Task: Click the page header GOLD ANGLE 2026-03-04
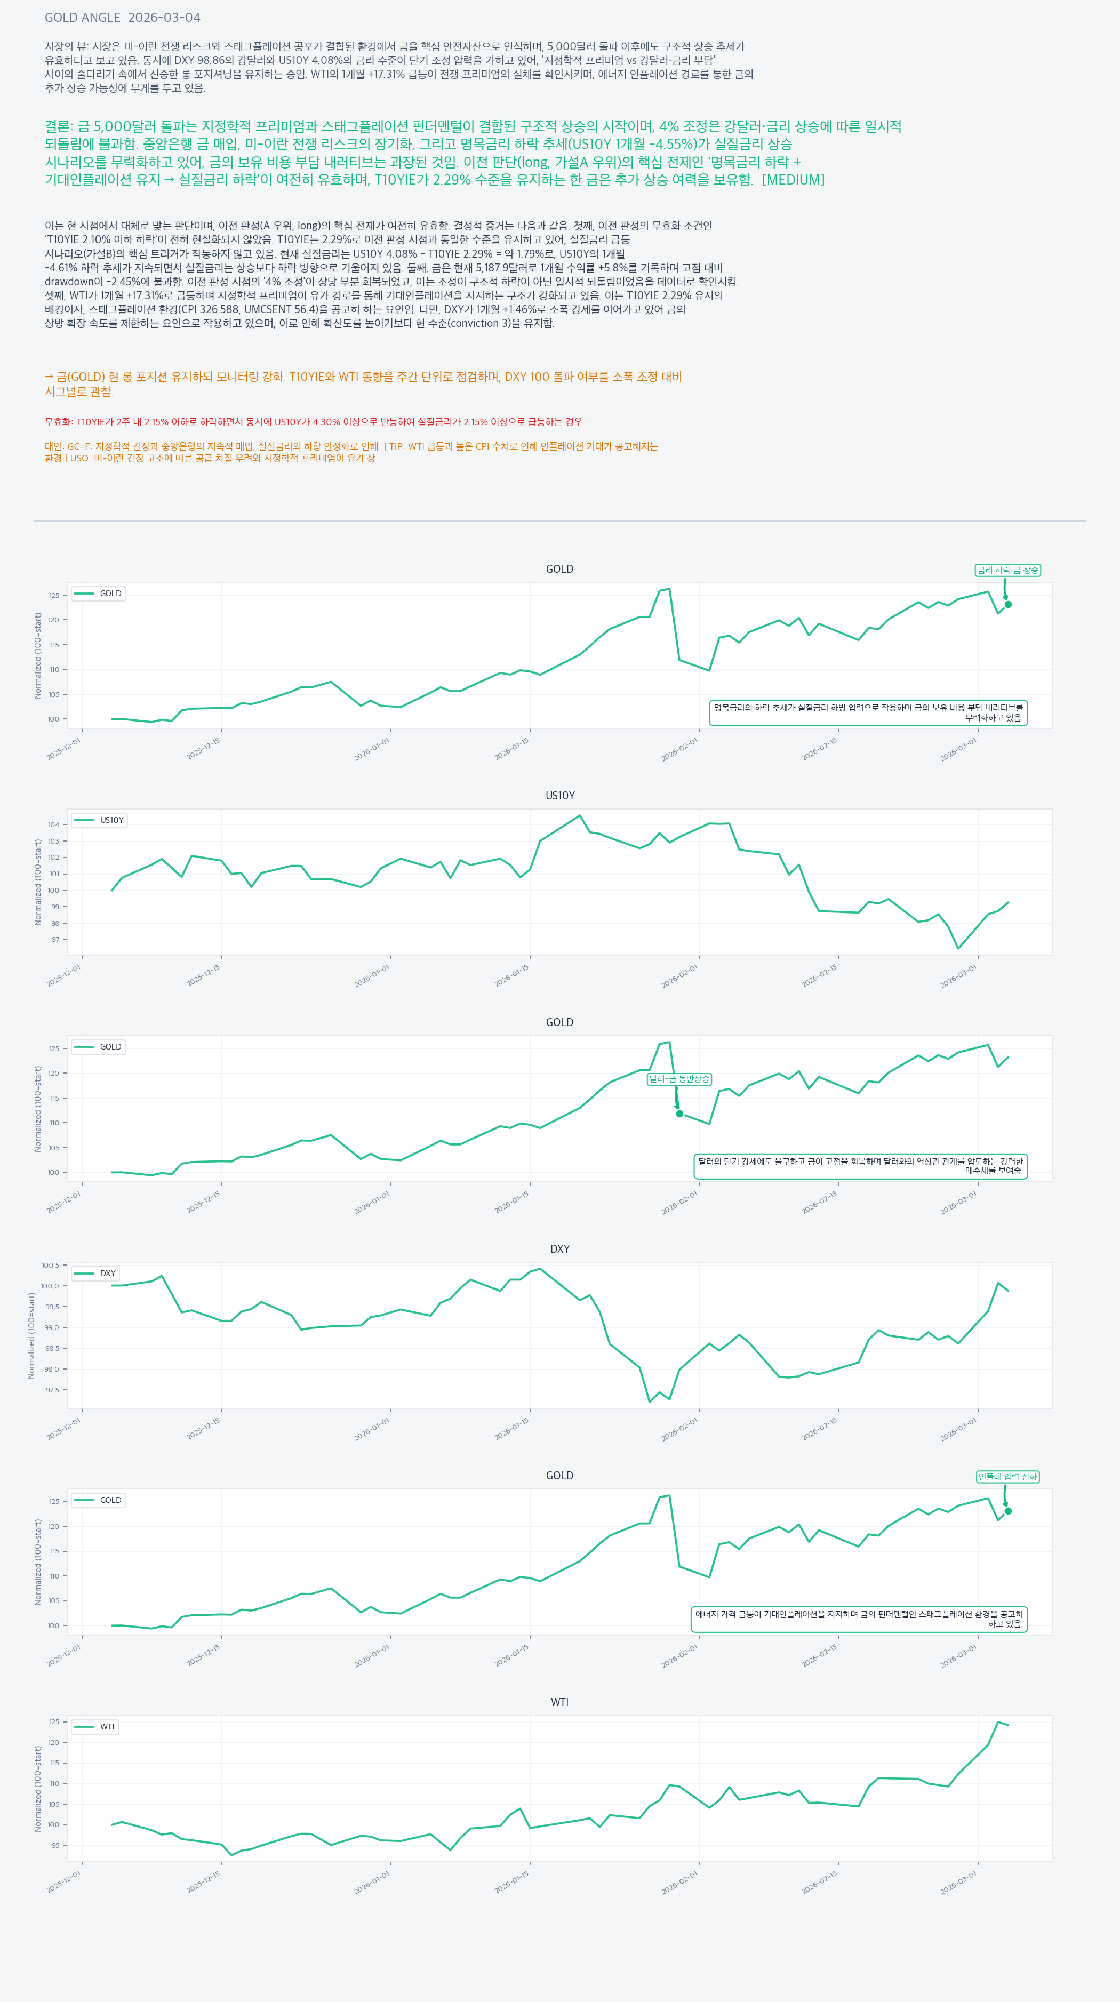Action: point(122,17)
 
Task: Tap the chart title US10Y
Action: point(559,796)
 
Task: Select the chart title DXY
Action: point(559,1249)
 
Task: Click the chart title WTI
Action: point(559,1702)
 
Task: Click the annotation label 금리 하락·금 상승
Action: point(1007,571)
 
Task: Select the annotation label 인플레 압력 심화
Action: point(1007,1477)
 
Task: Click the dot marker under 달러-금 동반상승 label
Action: point(679,1114)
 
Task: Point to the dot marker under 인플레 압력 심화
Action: point(1008,1511)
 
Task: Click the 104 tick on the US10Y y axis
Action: point(54,824)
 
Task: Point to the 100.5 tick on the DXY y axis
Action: point(50,1265)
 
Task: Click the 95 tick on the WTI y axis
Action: point(55,1845)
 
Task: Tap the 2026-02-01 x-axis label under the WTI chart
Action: point(680,1883)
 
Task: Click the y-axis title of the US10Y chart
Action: point(38,882)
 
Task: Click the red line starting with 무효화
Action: point(313,422)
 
